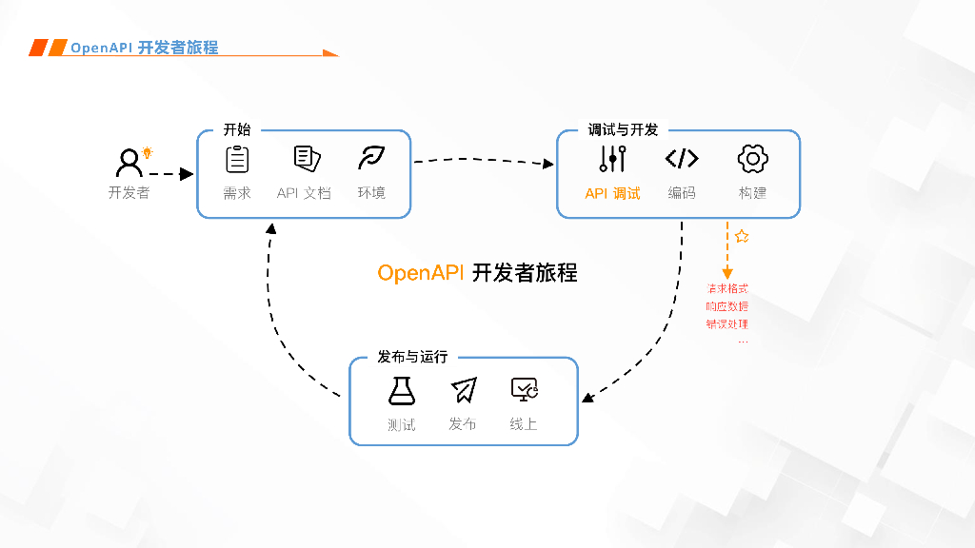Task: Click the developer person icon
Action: tap(129, 163)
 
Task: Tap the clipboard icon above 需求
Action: tap(237, 159)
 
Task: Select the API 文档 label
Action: tap(304, 193)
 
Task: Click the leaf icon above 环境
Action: tap(370, 158)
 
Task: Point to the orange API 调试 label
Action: tap(612, 193)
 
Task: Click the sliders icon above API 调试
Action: tap(612, 158)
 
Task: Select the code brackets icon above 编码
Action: tap(682, 158)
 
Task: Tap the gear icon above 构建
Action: tap(752, 158)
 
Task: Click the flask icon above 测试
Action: tap(402, 390)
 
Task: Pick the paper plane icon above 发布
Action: tap(463, 390)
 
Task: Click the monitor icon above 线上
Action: tap(524, 389)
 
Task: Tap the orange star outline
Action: tap(742, 236)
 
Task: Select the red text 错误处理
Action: tap(726, 323)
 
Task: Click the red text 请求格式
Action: tap(726, 288)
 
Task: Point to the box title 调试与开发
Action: tap(623, 129)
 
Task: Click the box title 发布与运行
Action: tap(412, 357)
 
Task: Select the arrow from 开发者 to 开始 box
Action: tap(171, 174)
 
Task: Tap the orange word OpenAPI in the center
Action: tap(420, 273)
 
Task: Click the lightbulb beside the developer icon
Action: tap(148, 152)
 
